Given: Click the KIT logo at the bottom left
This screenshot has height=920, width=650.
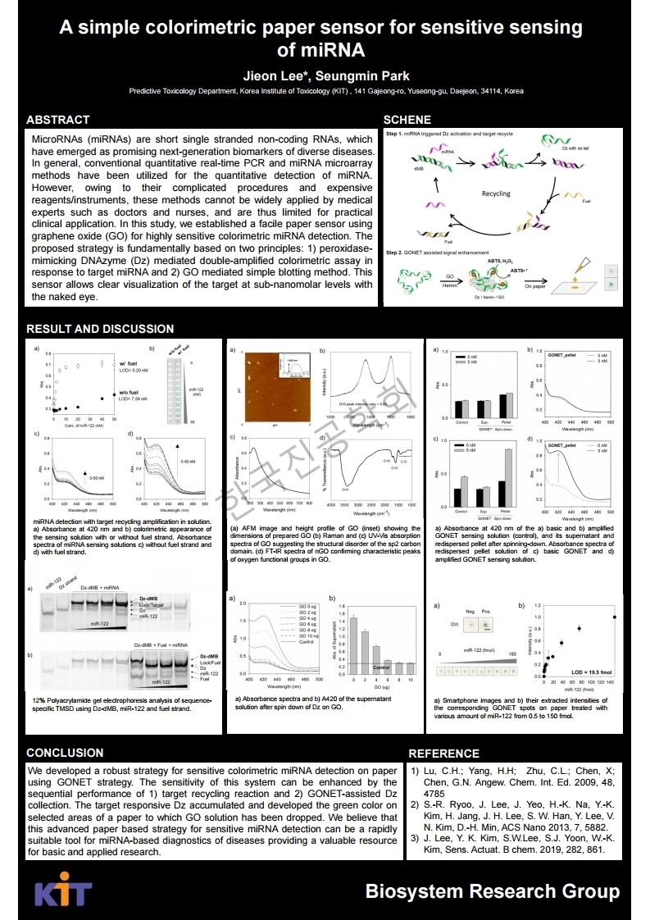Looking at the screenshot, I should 62,893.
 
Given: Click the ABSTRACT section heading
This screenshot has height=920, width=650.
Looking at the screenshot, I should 58,120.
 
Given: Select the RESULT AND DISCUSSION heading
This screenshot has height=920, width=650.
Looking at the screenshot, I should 100,329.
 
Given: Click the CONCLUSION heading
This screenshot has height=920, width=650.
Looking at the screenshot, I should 65,753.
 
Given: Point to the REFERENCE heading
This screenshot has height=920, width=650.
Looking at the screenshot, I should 443,754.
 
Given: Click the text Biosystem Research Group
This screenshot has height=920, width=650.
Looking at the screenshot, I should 493,891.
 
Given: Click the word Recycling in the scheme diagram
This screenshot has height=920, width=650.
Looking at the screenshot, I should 495,194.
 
